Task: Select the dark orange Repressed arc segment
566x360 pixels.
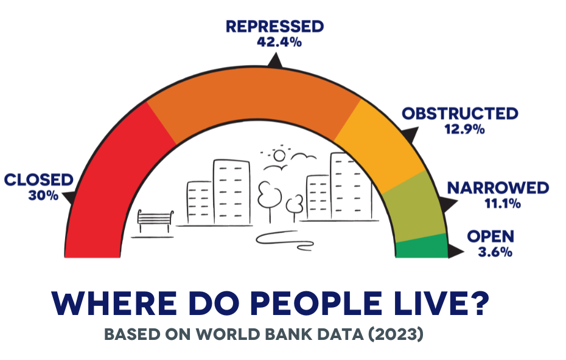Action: [253, 94]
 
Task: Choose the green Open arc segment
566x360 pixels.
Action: [422, 247]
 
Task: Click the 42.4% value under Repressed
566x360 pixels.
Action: [279, 42]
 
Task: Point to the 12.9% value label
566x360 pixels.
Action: [464, 129]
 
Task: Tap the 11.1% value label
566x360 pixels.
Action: [503, 204]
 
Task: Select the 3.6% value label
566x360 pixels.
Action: [495, 252]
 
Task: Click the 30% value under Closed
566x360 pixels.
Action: [43, 196]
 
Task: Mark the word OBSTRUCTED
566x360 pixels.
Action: [460, 114]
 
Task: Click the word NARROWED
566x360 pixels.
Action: [498, 188]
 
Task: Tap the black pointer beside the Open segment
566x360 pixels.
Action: [456, 251]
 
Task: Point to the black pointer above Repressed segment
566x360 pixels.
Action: [275, 61]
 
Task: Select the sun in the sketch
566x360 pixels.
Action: [279, 156]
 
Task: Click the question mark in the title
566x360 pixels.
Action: [477, 302]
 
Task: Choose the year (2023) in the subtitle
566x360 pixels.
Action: [396, 334]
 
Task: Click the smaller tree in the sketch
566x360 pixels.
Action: [295, 209]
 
